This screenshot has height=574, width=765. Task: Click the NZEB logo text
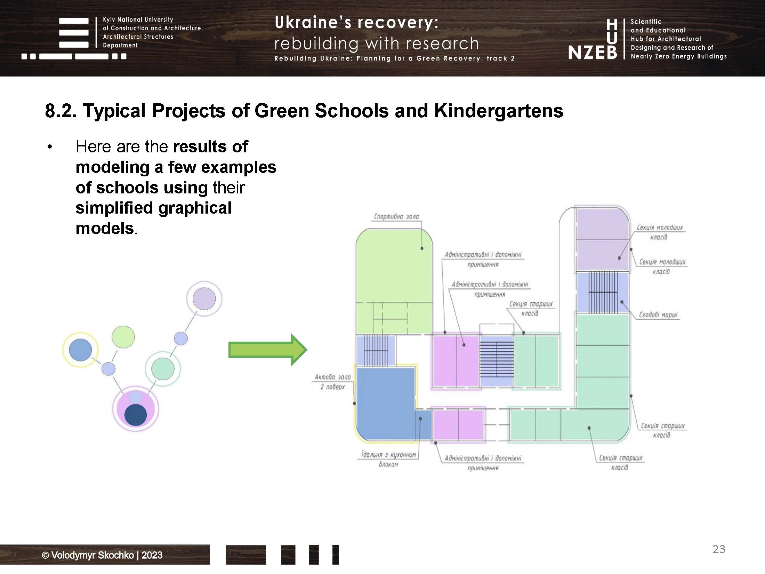click(593, 53)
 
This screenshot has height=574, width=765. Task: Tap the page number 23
click(719, 549)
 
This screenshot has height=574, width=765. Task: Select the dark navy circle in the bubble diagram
click(136, 415)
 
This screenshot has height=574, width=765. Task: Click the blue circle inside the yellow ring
click(80, 350)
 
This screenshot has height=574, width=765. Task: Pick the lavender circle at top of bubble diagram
click(204, 298)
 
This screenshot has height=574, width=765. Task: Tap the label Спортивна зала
click(396, 216)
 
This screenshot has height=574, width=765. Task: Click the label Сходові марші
click(658, 314)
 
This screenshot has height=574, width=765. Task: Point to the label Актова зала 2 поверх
click(332, 382)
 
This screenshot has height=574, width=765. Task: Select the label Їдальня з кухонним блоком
click(388, 459)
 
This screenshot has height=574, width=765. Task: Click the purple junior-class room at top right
click(602, 240)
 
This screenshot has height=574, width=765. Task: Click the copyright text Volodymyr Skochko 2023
click(102, 555)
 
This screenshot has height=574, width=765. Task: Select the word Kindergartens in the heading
click(498, 111)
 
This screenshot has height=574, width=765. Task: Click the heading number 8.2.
click(61, 111)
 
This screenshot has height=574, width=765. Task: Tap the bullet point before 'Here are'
click(50, 147)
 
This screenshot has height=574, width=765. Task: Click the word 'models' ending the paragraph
click(104, 229)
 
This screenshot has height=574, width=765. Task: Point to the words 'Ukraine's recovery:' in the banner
click(356, 23)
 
